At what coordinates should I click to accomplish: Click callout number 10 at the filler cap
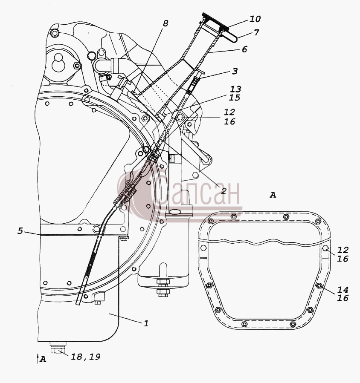(x=255, y=19)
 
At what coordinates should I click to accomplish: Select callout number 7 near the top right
(x=256, y=32)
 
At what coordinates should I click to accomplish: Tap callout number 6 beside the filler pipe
(x=244, y=49)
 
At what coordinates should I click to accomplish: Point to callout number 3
(x=235, y=71)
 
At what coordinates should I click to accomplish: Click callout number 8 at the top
(x=165, y=23)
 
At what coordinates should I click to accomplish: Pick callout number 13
(x=235, y=89)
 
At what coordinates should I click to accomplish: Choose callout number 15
(x=235, y=98)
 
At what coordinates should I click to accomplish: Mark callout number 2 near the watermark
(x=224, y=190)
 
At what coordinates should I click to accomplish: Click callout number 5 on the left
(x=20, y=230)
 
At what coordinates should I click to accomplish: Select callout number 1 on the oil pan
(x=146, y=323)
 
